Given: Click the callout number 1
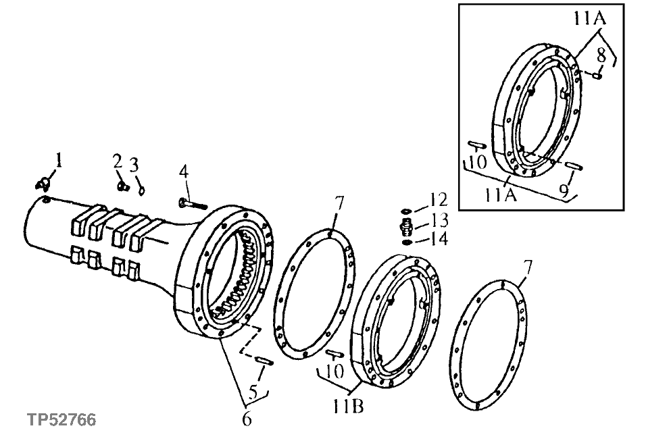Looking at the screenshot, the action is [58, 161].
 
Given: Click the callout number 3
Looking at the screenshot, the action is [134, 165].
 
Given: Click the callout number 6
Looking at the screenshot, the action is [247, 419].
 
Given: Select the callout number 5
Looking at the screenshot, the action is [254, 392].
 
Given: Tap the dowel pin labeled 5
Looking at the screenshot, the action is [264, 361].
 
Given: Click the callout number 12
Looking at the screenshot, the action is [439, 199].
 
